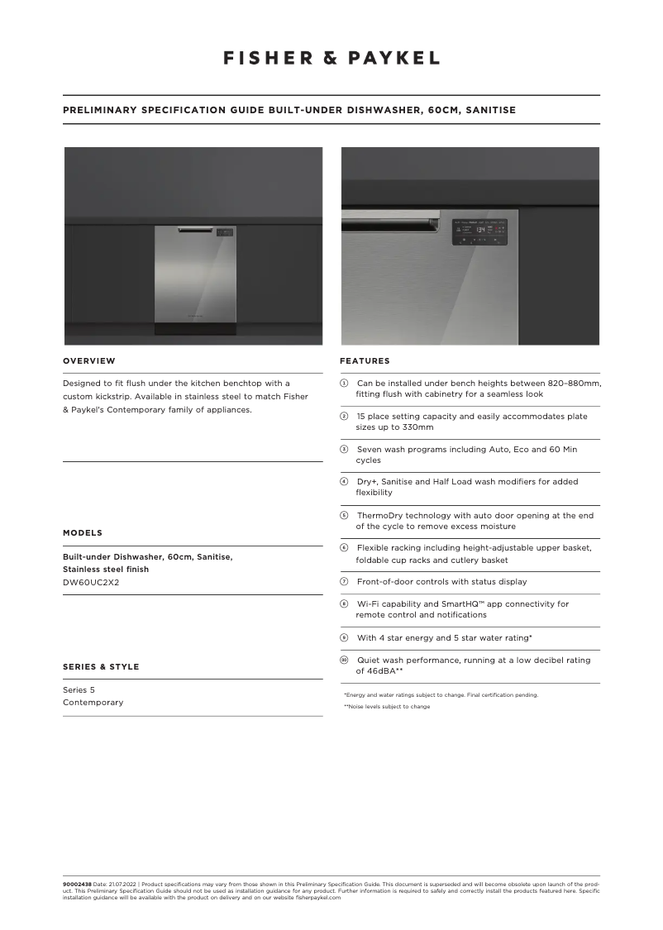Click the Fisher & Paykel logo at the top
(331, 58)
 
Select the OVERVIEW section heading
(89, 360)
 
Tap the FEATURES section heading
(365, 360)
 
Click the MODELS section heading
(83, 532)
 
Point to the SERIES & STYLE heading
(101, 666)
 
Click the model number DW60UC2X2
(91, 582)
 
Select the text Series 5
(79, 689)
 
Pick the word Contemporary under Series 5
(93, 702)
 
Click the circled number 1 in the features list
(345, 384)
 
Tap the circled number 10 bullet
(345, 660)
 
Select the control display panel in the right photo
(479, 232)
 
